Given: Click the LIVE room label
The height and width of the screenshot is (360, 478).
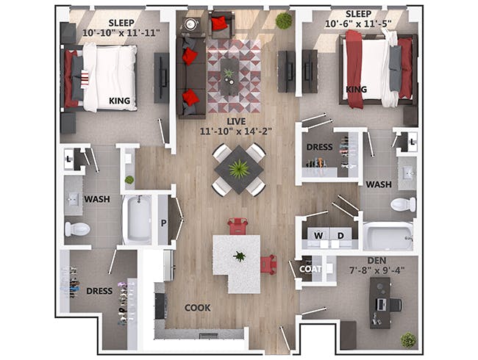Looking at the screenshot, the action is (x=236, y=121).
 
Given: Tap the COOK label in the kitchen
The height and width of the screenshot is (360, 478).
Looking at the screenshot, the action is (x=198, y=308).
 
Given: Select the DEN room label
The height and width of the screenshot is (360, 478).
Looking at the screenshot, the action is (x=377, y=260).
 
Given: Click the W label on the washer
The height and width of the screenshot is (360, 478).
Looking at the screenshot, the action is (x=318, y=235).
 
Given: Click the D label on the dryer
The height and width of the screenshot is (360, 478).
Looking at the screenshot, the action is (x=340, y=235).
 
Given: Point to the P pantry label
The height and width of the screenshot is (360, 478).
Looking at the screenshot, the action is (x=164, y=223).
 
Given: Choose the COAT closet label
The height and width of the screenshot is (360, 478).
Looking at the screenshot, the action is (x=310, y=269).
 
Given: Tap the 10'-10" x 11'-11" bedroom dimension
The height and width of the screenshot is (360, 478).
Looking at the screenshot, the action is (x=121, y=32).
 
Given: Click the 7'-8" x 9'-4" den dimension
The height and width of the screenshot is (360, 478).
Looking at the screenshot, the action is (x=377, y=270).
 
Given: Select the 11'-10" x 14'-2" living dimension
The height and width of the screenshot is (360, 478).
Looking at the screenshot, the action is (x=236, y=132).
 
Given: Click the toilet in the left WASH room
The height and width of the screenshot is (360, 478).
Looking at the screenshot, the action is (x=77, y=229).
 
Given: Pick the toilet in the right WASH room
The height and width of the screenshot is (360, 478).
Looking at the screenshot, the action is (x=403, y=204).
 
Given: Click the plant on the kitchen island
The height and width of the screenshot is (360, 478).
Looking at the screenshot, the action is (x=240, y=256).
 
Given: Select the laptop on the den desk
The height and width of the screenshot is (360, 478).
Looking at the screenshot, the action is (x=381, y=305).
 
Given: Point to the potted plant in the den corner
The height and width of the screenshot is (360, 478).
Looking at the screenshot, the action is (x=408, y=340).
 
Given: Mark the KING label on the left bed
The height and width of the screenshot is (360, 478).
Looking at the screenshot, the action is (x=119, y=101).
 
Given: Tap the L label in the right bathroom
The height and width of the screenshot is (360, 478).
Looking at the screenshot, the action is (x=413, y=142).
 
